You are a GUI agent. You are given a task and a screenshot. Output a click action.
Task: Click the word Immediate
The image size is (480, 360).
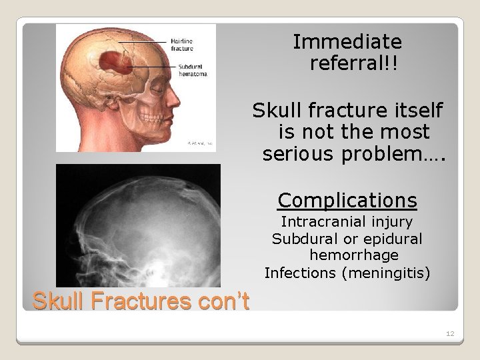[x=347, y=42]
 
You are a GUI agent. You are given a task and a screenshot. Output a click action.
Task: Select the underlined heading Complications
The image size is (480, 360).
[x=347, y=200]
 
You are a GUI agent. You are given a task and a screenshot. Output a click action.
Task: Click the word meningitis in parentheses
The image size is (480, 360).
[x=393, y=272]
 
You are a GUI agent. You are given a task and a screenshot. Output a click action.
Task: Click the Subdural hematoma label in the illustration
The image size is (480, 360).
[x=193, y=70]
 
